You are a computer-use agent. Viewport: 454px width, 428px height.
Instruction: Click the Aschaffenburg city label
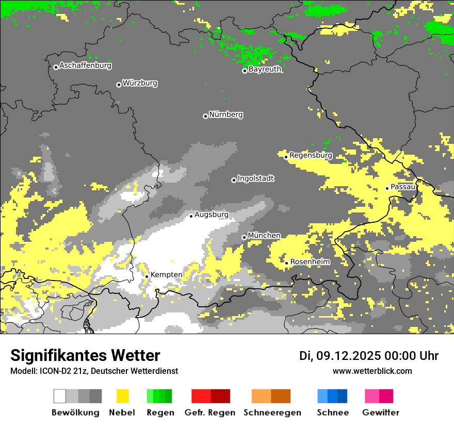click(x=85, y=66)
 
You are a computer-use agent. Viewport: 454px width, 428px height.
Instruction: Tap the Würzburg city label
click(x=140, y=84)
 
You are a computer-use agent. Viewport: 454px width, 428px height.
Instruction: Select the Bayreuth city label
click(x=265, y=70)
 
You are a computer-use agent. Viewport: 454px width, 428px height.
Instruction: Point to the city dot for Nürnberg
click(x=205, y=116)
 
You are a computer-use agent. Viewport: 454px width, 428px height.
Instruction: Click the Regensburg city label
click(x=311, y=155)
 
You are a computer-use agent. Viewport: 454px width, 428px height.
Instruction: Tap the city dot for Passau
click(x=387, y=188)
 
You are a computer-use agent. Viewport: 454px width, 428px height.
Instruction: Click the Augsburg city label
click(x=211, y=215)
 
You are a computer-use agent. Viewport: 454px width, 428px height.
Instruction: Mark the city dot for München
click(x=244, y=237)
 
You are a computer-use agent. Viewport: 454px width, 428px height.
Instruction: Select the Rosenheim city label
click(x=310, y=262)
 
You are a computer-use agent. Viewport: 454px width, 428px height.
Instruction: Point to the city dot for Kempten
click(x=147, y=276)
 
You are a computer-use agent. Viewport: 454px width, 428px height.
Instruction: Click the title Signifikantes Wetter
click(x=85, y=356)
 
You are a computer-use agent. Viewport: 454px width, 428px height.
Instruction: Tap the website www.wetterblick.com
click(x=372, y=371)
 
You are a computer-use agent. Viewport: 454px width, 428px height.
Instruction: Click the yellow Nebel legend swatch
click(x=122, y=396)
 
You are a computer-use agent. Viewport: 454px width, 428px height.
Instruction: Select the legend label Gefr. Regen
click(x=210, y=413)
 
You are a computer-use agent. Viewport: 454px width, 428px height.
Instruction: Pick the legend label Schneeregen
click(x=272, y=413)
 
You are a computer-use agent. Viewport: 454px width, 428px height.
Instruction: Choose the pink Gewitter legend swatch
click(x=372, y=396)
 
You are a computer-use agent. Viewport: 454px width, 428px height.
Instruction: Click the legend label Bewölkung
click(x=75, y=413)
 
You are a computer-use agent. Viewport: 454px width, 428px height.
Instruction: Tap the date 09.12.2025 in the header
click(x=347, y=356)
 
